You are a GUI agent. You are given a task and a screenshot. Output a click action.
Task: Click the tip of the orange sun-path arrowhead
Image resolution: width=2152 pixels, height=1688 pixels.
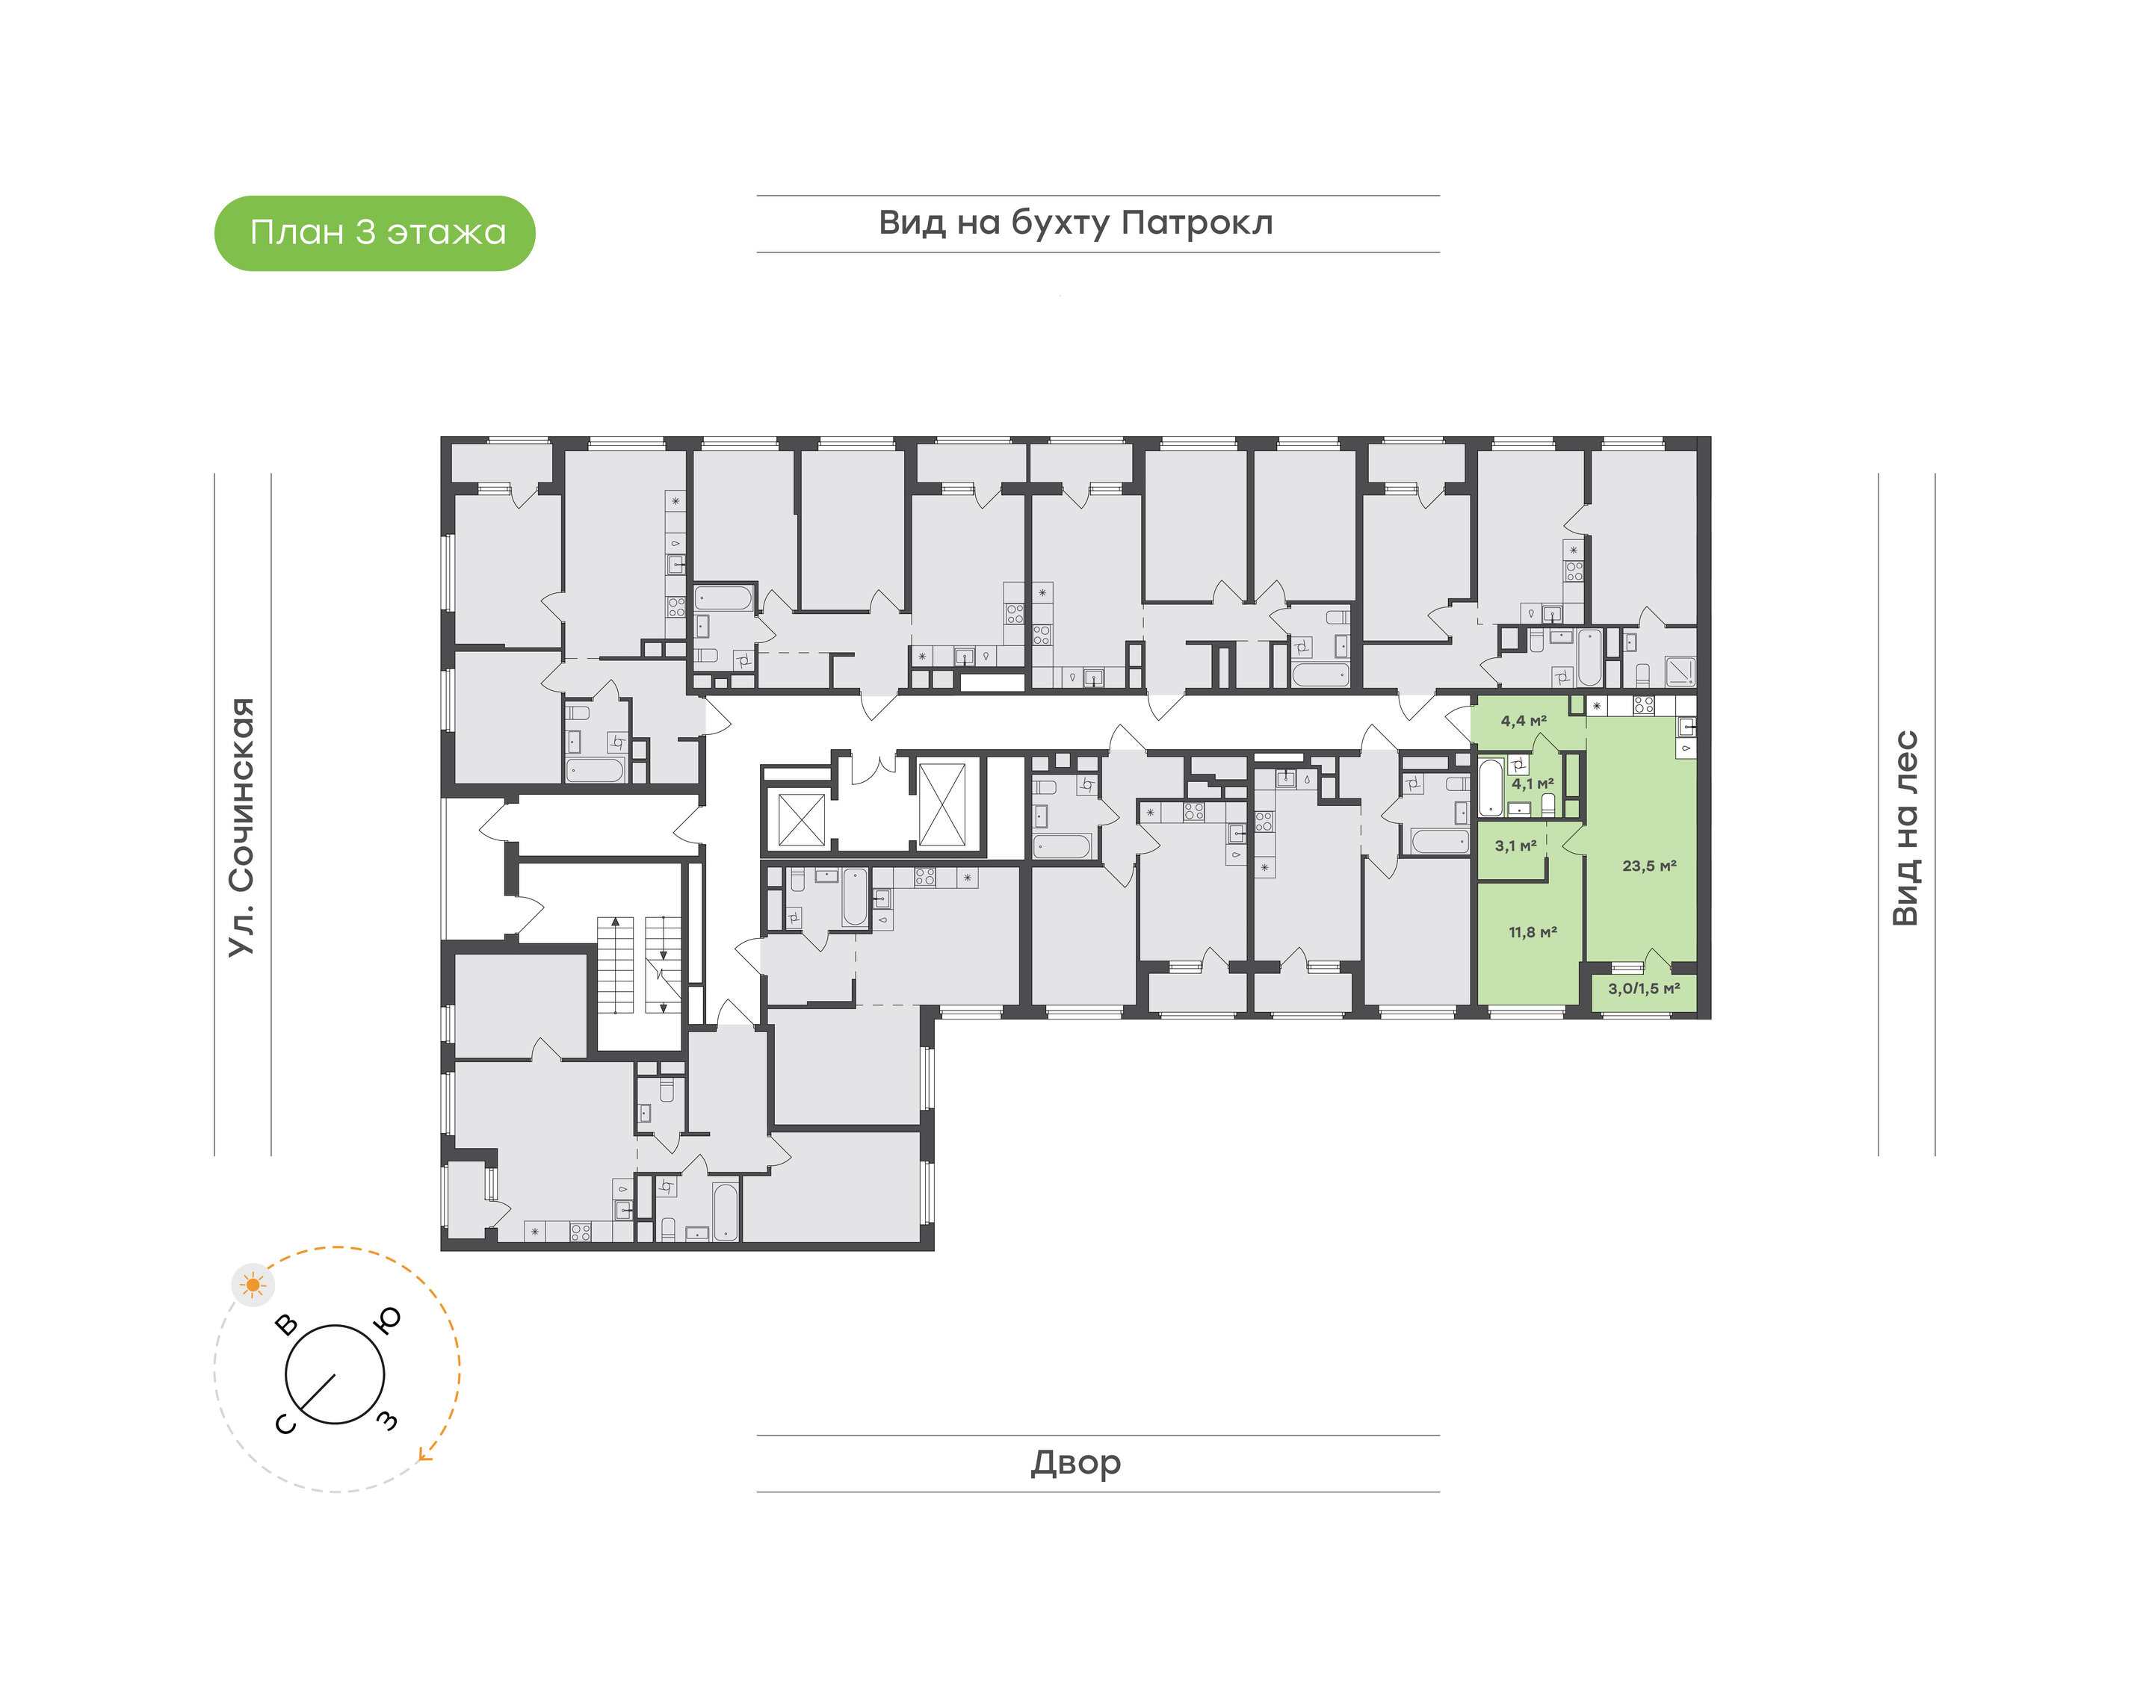pyautogui.click(x=418, y=1459)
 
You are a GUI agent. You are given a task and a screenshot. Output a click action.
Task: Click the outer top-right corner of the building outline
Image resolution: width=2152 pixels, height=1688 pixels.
pyautogui.click(x=1710, y=437)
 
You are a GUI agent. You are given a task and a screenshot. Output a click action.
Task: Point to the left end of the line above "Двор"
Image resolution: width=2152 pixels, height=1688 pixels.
pyautogui.click(x=757, y=1435)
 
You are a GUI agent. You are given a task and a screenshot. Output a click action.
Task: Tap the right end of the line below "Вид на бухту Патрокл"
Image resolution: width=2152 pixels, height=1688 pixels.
pyautogui.click(x=1439, y=252)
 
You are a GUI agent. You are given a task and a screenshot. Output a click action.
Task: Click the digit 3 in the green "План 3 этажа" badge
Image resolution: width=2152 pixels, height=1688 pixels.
pyautogui.click(x=365, y=232)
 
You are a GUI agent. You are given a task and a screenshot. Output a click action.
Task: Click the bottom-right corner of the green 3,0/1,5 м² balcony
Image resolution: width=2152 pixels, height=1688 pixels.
pyautogui.click(x=1697, y=1012)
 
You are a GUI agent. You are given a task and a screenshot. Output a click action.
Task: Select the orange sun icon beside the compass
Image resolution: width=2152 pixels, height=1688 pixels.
pyautogui.click(x=253, y=1285)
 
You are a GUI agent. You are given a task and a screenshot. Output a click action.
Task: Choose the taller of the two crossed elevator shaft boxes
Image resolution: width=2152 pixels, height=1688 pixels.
pyautogui.click(x=942, y=804)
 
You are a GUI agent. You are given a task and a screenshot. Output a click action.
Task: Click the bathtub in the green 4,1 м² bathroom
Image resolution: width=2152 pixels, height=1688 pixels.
pyautogui.click(x=1491, y=786)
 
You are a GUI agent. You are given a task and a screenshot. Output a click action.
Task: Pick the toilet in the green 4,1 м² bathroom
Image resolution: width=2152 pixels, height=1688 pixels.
pyautogui.click(x=1548, y=804)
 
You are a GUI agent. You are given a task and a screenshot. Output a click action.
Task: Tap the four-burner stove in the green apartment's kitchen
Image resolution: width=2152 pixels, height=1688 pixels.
pyautogui.click(x=1643, y=706)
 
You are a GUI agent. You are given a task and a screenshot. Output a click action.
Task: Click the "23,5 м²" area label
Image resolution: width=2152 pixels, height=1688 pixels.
pyautogui.click(x=1649, y=866)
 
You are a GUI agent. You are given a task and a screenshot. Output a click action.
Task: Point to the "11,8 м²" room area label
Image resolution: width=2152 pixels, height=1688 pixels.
pyautogui.click(x=1533, y=932)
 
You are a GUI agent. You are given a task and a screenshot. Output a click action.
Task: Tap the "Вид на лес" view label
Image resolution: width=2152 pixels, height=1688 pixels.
pyautogui.click(x=1905, y=828)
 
